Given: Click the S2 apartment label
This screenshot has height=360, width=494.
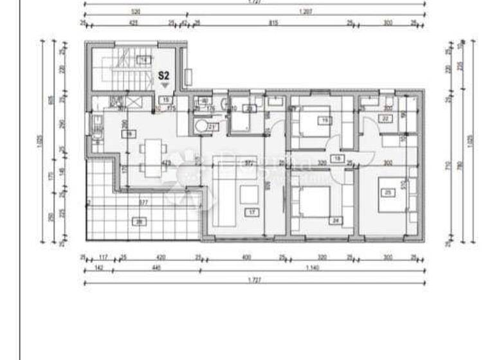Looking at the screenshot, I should [x=165, y=75].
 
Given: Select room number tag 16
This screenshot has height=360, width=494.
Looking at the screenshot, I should [x=129, y=134].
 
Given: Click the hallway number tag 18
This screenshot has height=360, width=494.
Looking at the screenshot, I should [x=336, y=157].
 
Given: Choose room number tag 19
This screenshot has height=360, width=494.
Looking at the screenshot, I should [x=325, y=120].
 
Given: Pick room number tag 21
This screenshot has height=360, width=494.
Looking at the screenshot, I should [x=211, y=127].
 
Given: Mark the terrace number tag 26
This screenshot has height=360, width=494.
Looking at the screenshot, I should [x=139, y=222].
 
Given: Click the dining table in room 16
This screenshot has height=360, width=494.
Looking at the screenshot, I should [x=151, y=157].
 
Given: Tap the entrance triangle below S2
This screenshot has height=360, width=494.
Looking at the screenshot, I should [x=165, y=85].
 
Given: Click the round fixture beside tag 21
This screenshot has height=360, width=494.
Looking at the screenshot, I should [x=201, y=127].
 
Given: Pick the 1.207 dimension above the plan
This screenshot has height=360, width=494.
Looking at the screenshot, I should [x=306, y=12].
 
